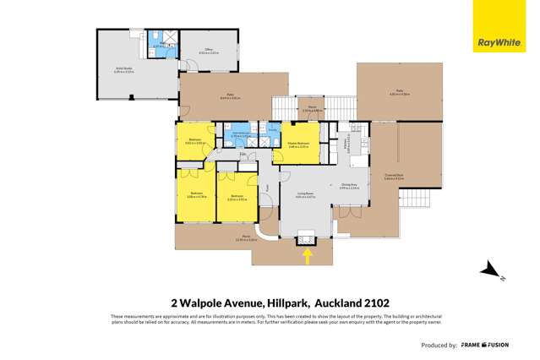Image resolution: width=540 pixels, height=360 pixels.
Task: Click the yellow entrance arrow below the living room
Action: [x=307, y=254]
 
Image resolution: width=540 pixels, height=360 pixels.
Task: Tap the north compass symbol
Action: [x=490, y=271]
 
